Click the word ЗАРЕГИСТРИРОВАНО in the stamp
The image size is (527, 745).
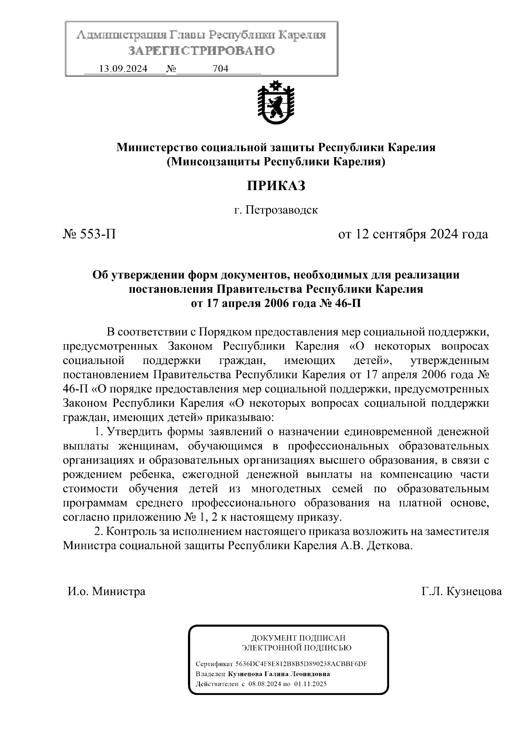201,51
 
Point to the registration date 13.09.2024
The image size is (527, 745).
123,68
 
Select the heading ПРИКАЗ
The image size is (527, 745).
275,186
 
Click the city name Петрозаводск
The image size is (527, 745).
281,210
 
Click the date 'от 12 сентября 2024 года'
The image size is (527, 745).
413,234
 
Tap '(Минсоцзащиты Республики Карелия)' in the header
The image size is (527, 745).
275,162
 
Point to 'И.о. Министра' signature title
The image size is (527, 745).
106,591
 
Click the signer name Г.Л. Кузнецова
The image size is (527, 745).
461,591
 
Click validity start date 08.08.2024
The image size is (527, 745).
264,684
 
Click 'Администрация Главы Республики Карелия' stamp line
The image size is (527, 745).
201,35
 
